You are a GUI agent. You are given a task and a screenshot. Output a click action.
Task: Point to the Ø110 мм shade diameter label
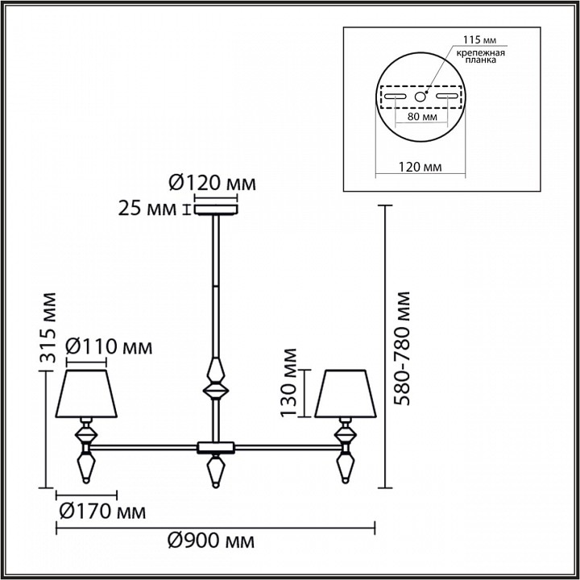click(107, 347)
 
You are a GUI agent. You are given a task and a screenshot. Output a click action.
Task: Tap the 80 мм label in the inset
click(421, 118)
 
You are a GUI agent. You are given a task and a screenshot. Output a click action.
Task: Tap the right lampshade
click(344, 394)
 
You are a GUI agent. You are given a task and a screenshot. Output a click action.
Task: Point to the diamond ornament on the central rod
click(215, 381)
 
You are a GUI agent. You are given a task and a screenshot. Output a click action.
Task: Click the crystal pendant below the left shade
click(86, 467)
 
